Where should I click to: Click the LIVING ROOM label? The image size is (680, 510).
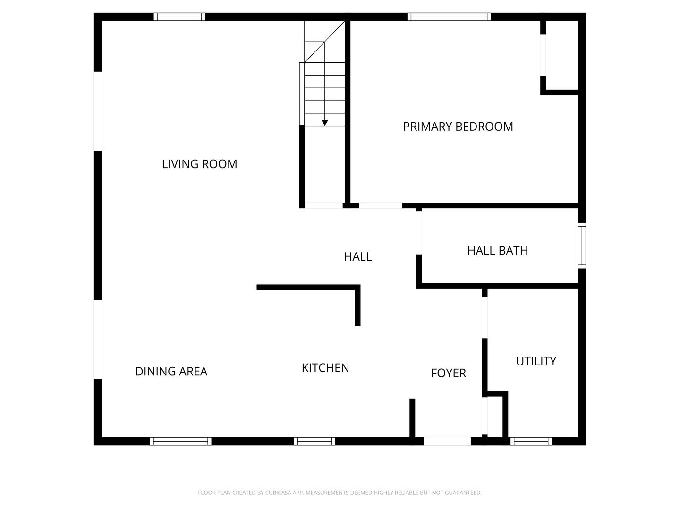(x=199, y=164)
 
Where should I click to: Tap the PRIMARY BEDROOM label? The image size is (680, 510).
(x=458, y=127)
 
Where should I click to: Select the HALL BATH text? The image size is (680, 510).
(x=497, y=250)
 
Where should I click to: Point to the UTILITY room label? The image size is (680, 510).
(x=535, y=361)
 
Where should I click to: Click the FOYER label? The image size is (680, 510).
(x=448, y=373)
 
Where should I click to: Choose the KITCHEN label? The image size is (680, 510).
(x=325, y=368)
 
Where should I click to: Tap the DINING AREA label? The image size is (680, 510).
(x=171, y=371)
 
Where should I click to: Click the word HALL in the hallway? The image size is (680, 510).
(x=357, y=256)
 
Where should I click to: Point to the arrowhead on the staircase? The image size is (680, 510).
(x=325, y=123)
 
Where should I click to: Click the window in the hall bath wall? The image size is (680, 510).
(x=582, y=246)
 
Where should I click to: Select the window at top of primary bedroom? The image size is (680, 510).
(x=449, y=17)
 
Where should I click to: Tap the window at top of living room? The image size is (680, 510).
(x=179, y=17)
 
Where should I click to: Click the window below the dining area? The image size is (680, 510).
(x=180, y=441)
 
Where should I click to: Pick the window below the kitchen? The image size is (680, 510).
(x=314, y=441)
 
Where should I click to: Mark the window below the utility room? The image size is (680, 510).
(x=531, y=441)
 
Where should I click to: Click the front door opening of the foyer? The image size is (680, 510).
(x=447, y=441)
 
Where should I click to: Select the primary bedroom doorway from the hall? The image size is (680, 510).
(x=381, y=205)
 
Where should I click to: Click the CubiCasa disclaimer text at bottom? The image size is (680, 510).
(x=340, y=493)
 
